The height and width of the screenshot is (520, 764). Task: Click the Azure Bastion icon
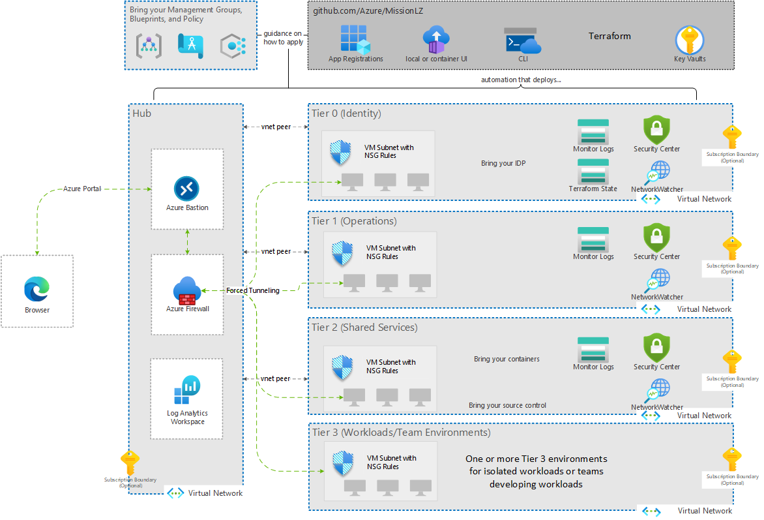pyautogui.click(x=187, y=189)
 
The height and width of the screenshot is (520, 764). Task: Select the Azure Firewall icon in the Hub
pyautogui.click(x=187, y=290)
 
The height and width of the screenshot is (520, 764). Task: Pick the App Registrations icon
pyautogui.click(x=355, y=39)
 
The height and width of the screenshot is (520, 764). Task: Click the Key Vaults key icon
pyautogui.click(x=689, y=40)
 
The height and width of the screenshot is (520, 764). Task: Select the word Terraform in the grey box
pyautogui.click(x=610, y=37)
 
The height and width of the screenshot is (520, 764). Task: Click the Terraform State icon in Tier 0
pyautogui.click(x=593, y=172)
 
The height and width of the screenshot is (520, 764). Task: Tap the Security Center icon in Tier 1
pyautogui.click(x=656, y=237)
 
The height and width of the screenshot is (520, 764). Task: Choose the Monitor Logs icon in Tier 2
pyautogui.click(x=593, y=350)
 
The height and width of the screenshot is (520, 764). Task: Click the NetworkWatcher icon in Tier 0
pyautogui.click(x=657, y=174)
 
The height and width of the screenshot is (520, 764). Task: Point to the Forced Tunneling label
pyautogui.click(x=253, y=290)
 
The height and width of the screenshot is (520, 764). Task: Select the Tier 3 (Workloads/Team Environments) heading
pyautogui.click(x=400, y=433)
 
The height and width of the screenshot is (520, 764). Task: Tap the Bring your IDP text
pyautogui.click(x=503, y=163)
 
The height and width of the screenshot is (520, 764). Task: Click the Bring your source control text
pyautogui.click(x=507, y=405)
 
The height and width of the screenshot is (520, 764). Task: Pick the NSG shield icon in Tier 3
pyautogui.click(x=343, y=463)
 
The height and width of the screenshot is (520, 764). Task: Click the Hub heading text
pyautogui.click(x=141, y=114)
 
